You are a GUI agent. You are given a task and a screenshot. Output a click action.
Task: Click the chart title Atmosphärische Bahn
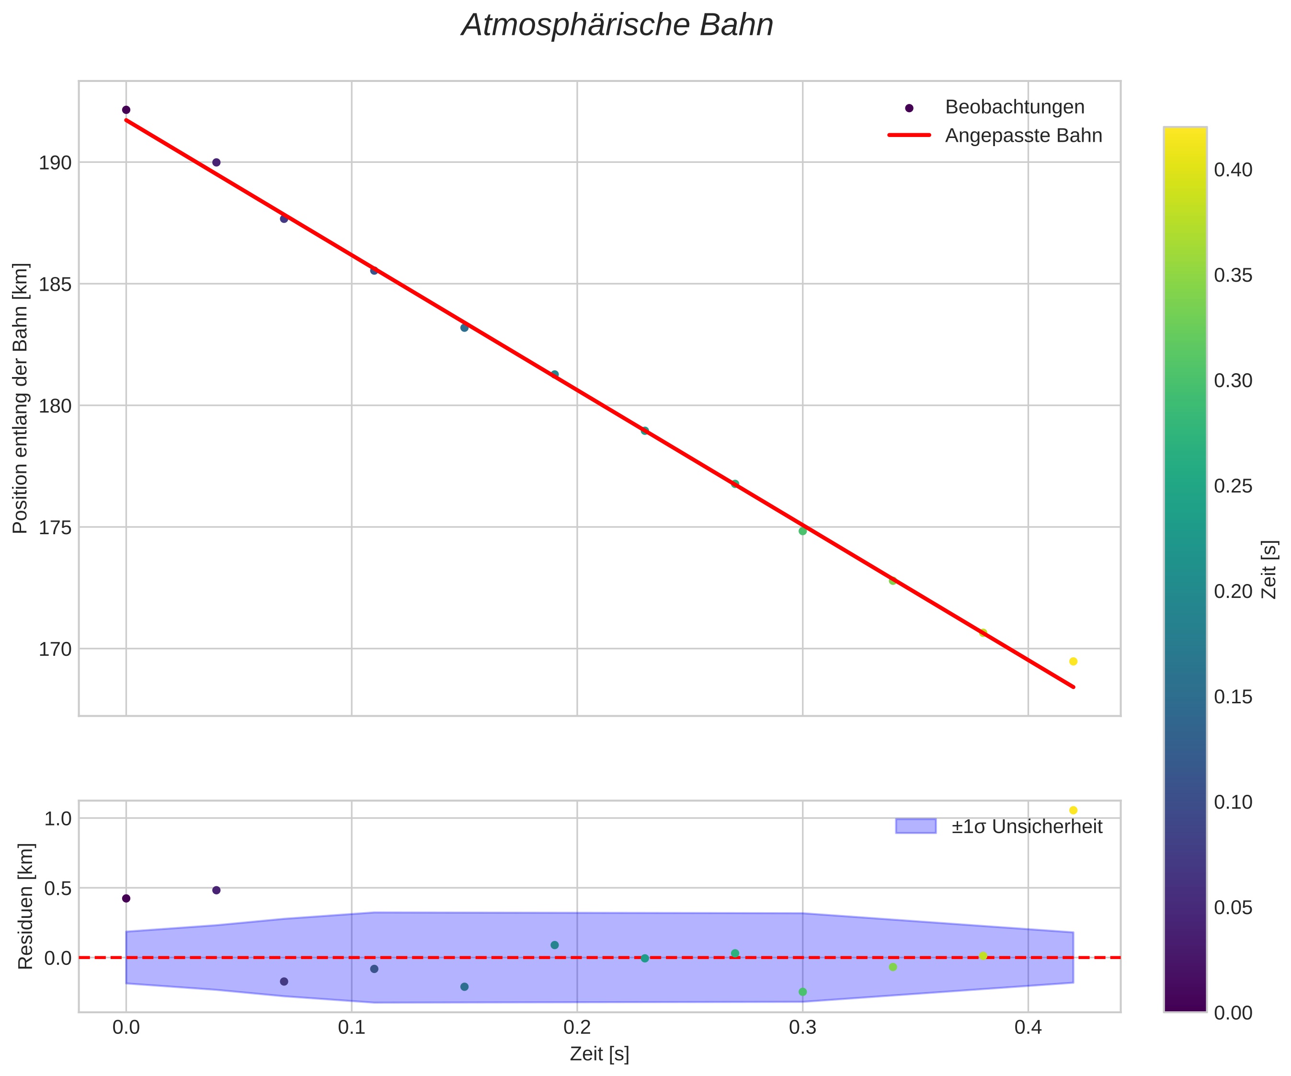coord(617,26)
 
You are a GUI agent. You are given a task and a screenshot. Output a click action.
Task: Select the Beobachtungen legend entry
coord(1015,107)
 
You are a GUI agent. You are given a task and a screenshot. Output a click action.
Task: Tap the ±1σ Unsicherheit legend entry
coord(1027,826)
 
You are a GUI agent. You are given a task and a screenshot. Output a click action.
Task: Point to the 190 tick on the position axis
coord(56,163)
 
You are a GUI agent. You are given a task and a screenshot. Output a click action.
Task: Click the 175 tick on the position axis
coord(56,527)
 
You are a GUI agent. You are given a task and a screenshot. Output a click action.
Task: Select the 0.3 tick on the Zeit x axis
coord(802,1028)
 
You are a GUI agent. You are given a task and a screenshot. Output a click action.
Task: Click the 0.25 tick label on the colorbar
coord(1233,486)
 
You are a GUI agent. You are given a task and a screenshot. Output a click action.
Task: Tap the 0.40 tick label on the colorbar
coord(1233,170)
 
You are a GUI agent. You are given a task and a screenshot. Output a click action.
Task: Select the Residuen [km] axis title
coord(25,906)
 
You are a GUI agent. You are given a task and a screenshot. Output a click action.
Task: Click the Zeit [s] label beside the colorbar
coord(1269,569)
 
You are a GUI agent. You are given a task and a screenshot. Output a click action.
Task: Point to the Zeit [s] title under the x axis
coord(599,1054)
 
